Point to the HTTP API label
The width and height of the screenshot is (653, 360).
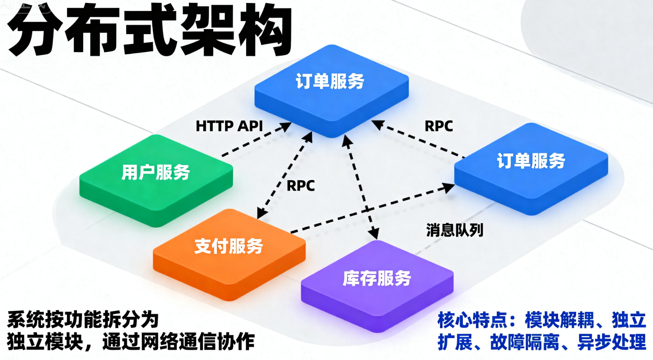coord(229,126)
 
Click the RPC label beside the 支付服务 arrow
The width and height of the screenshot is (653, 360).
coord(301,186)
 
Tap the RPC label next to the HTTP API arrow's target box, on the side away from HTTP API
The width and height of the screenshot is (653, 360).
coord(439,126)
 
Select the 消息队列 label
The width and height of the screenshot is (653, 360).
coord(455,230)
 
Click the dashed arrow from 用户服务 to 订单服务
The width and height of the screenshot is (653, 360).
coord(255,141)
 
